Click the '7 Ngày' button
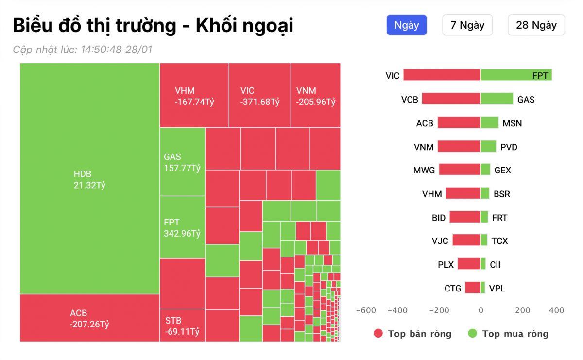(x=467, y=25)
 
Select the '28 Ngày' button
(x=536, y=25)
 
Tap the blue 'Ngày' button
(x=406, y=25)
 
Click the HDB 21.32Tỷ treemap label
(x=89, y=179)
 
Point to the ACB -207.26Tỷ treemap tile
(x=89, y=318)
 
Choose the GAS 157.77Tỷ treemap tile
(x=182, y=162)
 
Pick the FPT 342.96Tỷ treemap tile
(x=182, y=227)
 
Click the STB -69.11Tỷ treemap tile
(x=182, y=326)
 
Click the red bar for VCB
(x=451, y=99)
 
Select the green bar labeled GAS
(x=497, y=99)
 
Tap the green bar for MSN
(x=489, y=122)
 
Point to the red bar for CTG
(x=473, y=288)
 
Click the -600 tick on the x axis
(x=366, y=310)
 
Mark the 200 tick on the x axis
(x=523, y=310)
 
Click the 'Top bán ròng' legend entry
(x=412, y=334)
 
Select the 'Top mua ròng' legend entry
(x=508, y=334)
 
